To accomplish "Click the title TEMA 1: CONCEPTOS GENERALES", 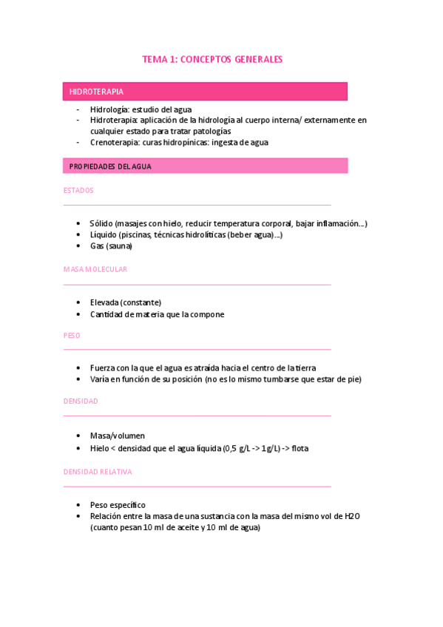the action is click(212, 59).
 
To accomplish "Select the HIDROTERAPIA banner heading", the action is click(96, 92).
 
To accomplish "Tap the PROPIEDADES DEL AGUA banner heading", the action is click(110, 166).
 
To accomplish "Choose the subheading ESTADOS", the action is click(78, 190).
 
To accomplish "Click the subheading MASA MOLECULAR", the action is click(95, 269).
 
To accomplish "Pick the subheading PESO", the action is click(71, 335).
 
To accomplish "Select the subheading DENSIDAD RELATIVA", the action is click(98, 470).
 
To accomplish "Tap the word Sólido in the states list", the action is click(101, 223).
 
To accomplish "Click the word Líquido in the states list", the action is click(104, 234).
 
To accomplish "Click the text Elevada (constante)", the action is click(126, 302).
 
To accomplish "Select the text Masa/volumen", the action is click(118, 435).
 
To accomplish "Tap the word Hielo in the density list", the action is click(101, 448).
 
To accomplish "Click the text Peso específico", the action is click(118, 505).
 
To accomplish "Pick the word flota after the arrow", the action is click(300, 448).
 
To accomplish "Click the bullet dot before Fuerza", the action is click(78, 368).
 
